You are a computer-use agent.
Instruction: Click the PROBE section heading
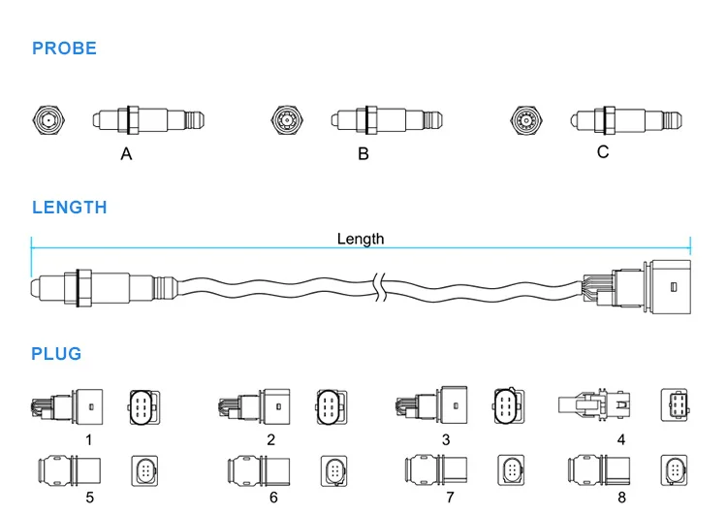(x=64, y=48)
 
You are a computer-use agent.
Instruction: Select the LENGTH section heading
(x=70, y=208)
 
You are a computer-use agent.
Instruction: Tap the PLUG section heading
(x=56, y=354)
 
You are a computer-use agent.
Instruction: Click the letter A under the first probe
(x=126, y=153)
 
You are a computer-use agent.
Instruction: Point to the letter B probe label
(x=363, y=153)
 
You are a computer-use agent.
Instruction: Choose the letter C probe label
(x=603, y=151)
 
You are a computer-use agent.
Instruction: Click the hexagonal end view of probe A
(x=48, y=120)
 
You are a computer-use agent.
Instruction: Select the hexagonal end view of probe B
(x=288, y=120)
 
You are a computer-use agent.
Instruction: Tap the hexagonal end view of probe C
(x=526, y=120)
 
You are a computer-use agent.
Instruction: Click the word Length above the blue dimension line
(x=361, y=239)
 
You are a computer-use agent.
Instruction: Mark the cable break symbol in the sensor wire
(x=380, y=287)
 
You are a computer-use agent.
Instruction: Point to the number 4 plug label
(x=621, y=439)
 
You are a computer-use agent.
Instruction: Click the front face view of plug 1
(x=144, y=407)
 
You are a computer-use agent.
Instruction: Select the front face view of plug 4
(x=675, y=405)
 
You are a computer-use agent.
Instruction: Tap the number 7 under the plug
(x=450, y=497)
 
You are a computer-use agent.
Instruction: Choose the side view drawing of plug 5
(x=69, y=470)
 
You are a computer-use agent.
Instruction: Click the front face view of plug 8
(x=674, y=470)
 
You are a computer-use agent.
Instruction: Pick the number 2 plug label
(x=270, y=439)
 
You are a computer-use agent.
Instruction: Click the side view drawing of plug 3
(x=431, y=405)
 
